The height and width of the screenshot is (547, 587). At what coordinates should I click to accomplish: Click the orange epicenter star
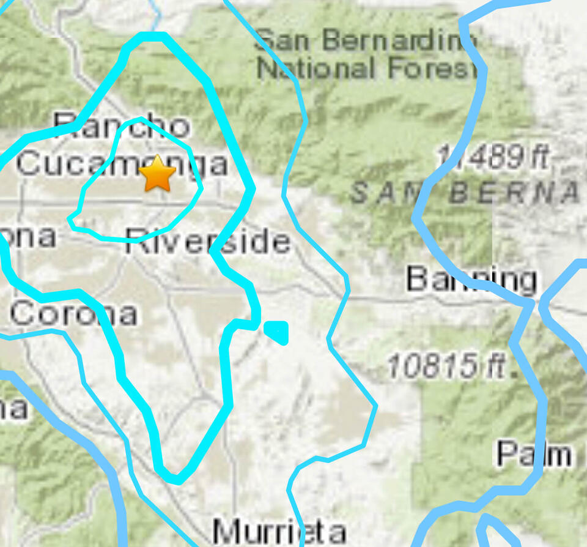158,173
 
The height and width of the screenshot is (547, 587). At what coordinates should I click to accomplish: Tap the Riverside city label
208,242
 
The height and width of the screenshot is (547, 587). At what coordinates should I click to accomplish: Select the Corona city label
73,314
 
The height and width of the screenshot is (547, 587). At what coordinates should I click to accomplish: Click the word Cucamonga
122,164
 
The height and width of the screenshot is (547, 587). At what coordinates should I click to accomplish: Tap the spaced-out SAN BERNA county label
465,193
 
